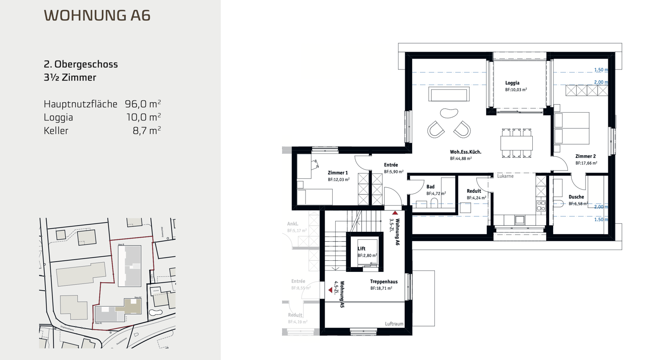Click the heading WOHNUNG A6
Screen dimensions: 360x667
coord(97,15)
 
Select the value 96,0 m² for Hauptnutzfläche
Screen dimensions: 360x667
coord(143,104)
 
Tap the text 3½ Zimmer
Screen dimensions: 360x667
coord(70,78)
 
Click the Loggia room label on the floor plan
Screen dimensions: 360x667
coord(513,83)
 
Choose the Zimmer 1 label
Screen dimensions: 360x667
coord(338,173)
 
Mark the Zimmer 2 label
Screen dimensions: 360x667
coord(585,156)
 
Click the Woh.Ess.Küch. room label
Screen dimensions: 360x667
coord(466,152)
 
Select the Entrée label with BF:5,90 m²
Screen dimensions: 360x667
coord(391,165)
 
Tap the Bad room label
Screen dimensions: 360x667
coord(430,187)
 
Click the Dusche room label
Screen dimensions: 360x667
coord(576,197)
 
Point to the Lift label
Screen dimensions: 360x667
coord(362,249)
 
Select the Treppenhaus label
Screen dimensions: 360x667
coord(383,282)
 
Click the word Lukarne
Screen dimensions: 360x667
coord(506,176)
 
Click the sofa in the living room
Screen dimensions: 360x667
coord(448,95)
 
